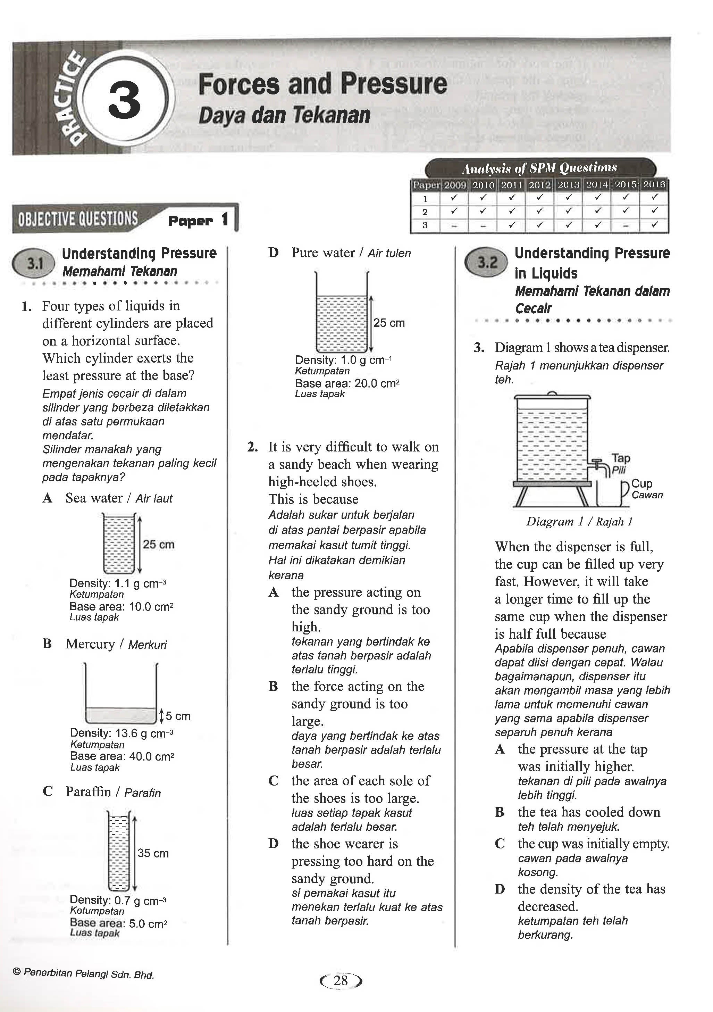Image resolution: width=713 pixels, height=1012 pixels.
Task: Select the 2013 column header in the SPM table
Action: click(568, 185)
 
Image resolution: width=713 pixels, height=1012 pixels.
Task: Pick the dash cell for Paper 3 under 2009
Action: click(454, 226)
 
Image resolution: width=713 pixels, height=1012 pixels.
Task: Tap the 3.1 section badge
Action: click(34, 264)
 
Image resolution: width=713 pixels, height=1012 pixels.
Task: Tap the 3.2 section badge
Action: click(486, 262)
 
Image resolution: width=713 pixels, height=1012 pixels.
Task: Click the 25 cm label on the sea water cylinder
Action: click(158, 544)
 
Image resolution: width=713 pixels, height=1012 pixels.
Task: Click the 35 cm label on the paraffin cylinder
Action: click(152, 853)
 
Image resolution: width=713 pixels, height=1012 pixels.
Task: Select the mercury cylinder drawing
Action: click(121, 696)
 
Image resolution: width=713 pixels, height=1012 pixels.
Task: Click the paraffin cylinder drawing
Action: click(119, 853)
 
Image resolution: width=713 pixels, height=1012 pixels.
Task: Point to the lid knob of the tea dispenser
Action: click(551, 393)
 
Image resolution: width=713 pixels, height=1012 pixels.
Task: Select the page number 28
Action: click(341, 981)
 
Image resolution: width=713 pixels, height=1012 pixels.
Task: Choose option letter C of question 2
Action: click(273, 781)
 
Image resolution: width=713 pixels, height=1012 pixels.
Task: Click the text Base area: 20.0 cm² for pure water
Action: click(347, 383)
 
